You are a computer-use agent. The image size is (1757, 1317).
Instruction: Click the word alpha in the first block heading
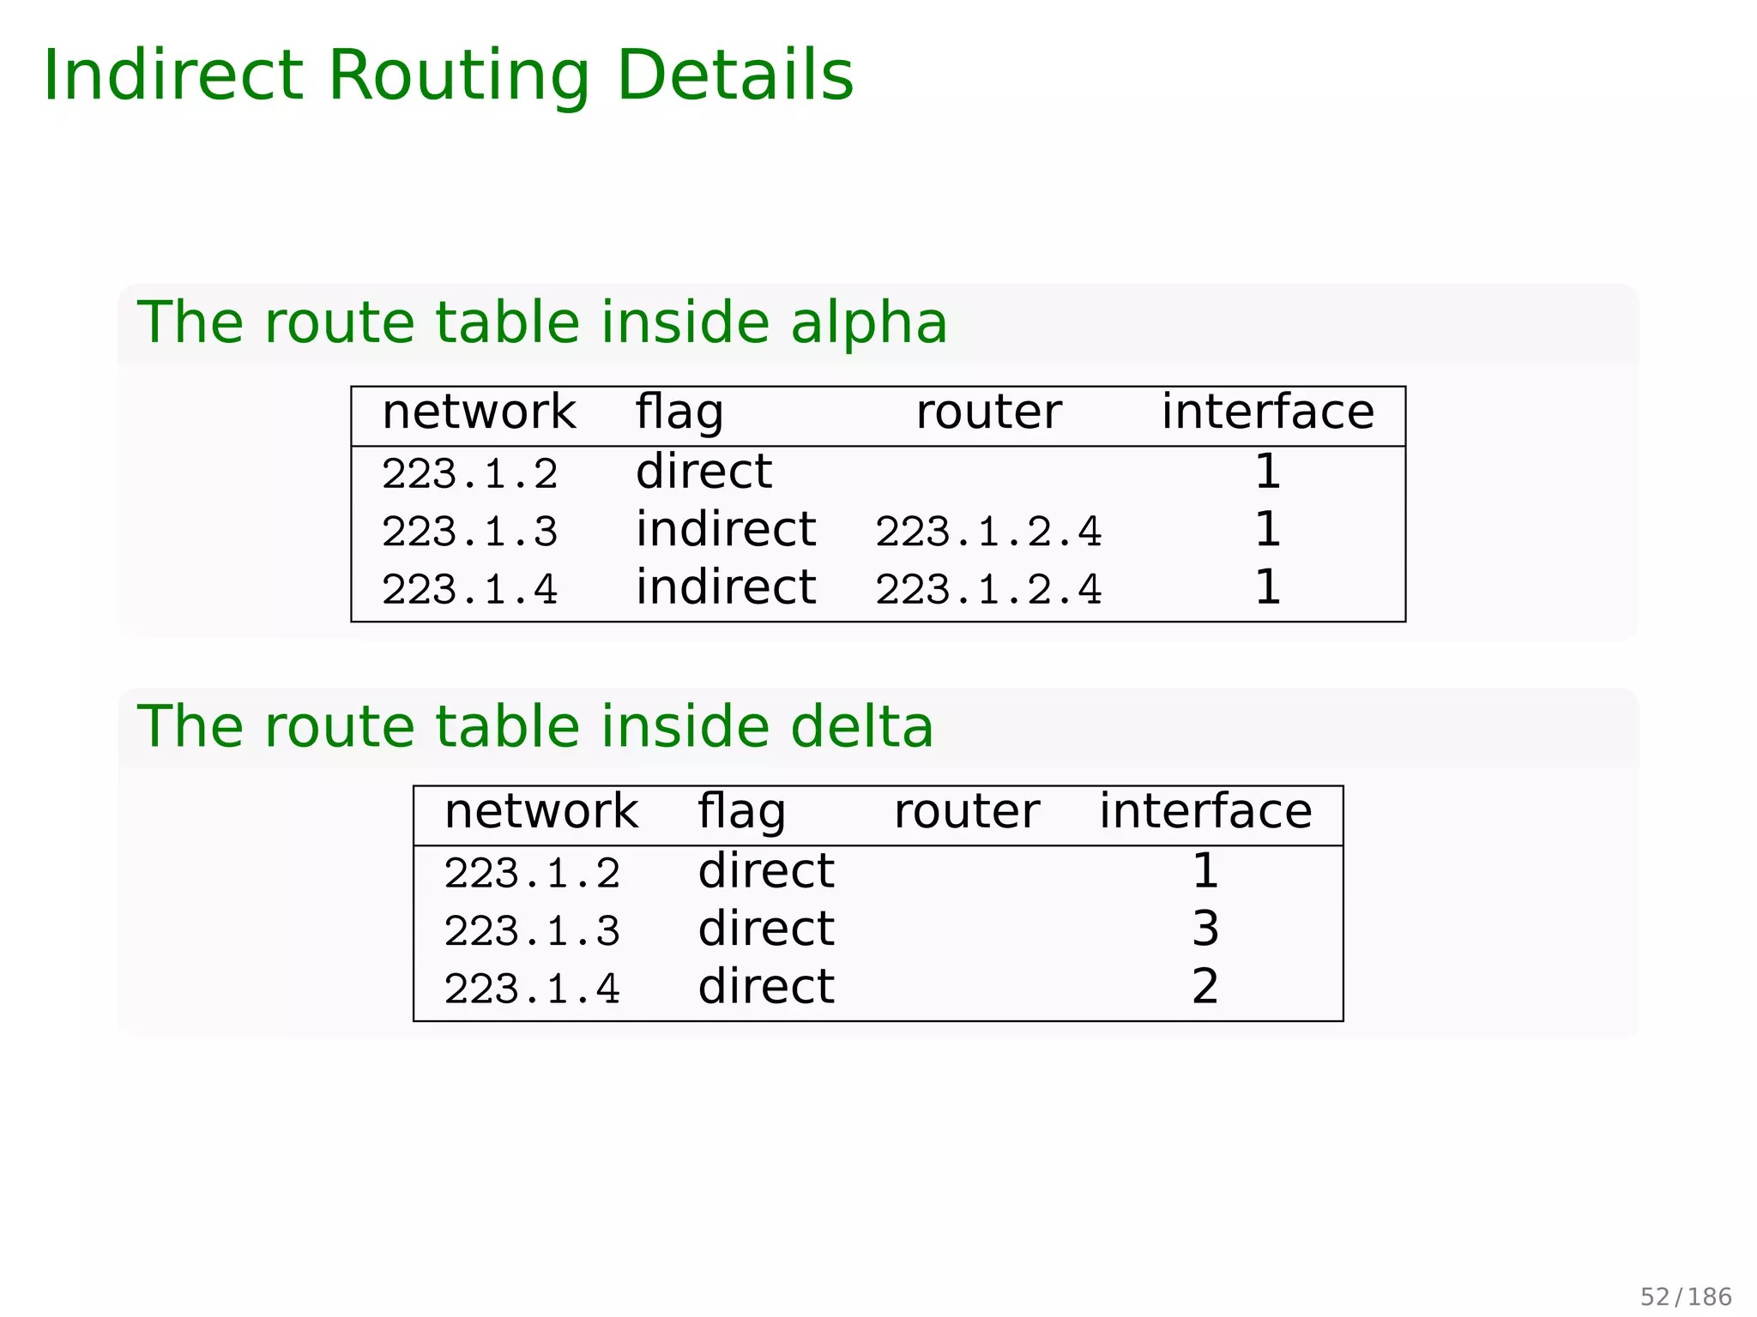[x=868, y=323]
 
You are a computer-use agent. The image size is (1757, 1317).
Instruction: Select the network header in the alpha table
[x=479, y=412]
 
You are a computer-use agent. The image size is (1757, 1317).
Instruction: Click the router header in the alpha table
[x=988, y=412]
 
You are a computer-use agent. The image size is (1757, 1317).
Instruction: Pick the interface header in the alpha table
[x=1267, y=412]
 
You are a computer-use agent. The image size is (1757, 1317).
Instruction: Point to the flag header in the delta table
[x=741, y=812]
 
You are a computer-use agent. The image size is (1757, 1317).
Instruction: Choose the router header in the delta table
[x=966, y=812]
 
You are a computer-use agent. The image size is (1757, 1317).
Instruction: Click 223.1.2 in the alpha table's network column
[x=469, y=474]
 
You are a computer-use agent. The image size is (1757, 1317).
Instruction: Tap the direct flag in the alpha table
[x=703, y=472]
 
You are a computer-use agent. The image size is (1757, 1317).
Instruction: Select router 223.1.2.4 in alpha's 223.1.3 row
[x=988, y=532]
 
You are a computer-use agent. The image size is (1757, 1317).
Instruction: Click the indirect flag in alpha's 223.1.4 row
[x=726, y=588]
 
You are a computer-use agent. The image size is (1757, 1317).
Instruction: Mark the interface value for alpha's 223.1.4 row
[x=1267, y=588]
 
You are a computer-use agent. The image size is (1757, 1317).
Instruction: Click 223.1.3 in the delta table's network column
[x=532, y=931]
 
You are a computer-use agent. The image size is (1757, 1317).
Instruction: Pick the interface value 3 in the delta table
[x=1205, y=929]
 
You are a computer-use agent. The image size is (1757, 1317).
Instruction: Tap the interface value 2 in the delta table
[x=1205, y=987]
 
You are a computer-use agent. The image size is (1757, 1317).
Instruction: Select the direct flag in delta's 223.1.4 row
[x=766, y=987]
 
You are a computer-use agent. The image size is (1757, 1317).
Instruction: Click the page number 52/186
[x=1686, y=1296]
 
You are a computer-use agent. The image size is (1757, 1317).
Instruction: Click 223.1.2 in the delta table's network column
[x=532, y=874]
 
